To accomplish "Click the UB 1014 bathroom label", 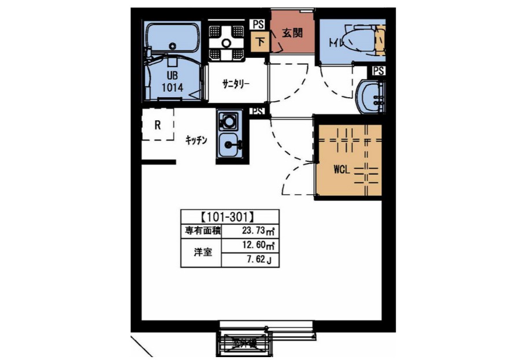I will click(173, 82).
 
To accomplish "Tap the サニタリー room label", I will click(236, 83).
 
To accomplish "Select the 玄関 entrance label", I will click(292, 33).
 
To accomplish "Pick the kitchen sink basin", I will click(229, 143).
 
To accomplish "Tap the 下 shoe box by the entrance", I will click(260, 42).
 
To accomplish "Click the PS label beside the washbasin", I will click(379, 70).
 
